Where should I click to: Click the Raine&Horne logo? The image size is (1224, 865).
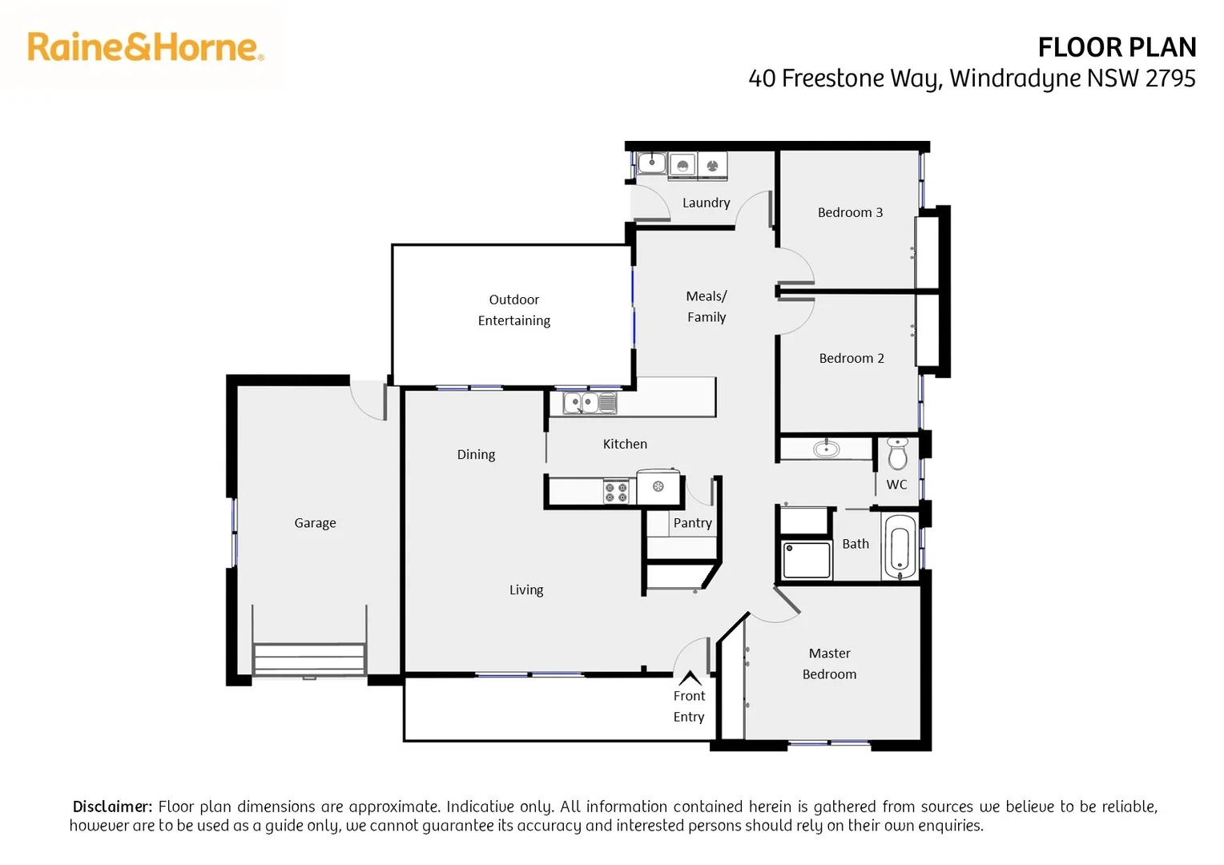tap(145, 47)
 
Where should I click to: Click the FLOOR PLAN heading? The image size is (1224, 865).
tap(1116, 48)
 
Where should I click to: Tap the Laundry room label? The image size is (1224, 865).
tap(706, 203)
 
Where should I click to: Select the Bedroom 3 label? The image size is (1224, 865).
tap(850, 212)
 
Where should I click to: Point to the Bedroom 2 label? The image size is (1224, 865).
tap(851, 358)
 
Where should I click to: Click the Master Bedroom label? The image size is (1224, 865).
tap(829, 664)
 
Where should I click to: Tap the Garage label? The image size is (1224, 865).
tap(315, 523)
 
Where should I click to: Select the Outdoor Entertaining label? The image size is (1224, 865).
tap(513, 310)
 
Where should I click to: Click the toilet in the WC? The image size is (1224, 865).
tap(898, 453)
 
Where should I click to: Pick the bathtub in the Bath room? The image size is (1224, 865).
tap(899, 547)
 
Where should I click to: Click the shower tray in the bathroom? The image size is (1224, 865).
tap(807, 559)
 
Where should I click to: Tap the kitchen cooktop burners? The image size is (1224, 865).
tap(615, 492)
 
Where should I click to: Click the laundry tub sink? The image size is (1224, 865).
tap(651, 164)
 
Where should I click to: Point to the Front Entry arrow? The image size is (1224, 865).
tap(690, 678)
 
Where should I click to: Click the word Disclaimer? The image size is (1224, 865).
tap(111, 807)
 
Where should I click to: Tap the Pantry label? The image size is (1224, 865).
tap(692, 523)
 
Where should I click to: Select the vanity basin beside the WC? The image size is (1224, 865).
tap(825, 449)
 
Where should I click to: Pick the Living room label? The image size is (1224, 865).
tap(526, 590)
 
